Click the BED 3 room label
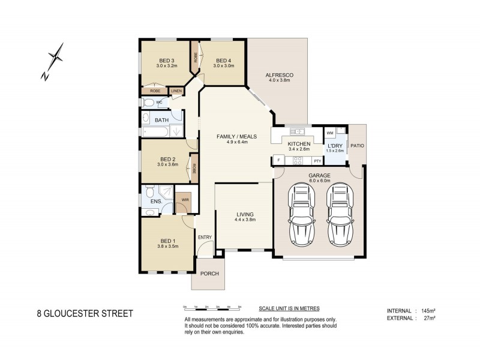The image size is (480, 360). click(x=166, y=60)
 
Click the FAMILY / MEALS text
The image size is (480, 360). click(x=236, y=137)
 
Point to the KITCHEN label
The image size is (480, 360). click(x=298, y=145)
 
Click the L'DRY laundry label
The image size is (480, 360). click(x=335, y=145)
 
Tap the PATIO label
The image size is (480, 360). click(x=358, y=145)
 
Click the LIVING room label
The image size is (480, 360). click(x=245, y=214)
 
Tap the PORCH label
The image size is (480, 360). click(x=209, y=274)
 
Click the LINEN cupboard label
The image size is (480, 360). click(x=176, y=91)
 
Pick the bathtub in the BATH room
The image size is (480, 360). click(x=157, y=131)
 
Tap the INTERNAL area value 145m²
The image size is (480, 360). click(x=428, y=310)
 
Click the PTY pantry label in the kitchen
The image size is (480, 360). click(x=317, y=161)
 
